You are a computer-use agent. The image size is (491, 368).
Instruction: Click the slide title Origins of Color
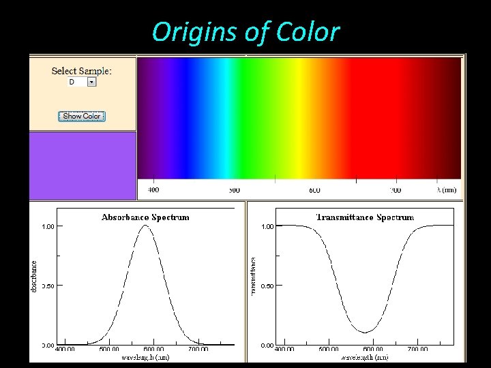tap(245, 31)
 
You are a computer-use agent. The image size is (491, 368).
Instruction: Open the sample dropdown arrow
tap(92, 82)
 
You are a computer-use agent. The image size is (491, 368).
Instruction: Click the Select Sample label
tap(82, 71)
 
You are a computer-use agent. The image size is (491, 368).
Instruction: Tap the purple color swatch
tap(83, 166)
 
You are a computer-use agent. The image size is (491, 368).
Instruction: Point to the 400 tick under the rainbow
tap(153, 190)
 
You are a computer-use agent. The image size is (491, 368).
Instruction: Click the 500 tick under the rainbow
tap(234, 190)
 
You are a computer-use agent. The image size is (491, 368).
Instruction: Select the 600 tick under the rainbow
tap(314, 190)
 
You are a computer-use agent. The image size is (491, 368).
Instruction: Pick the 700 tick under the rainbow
tap(395, 190)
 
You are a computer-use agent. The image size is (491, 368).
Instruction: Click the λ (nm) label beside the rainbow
tap(447, 190)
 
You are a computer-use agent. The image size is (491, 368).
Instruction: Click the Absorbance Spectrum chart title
tap(145, 217)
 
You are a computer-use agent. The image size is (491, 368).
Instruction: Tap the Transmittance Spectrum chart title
tap(365, 217)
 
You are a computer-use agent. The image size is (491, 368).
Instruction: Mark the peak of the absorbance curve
tap(145, 226)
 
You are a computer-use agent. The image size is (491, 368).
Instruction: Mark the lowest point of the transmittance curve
tap(367, 333)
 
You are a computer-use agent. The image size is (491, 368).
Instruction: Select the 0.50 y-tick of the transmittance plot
tap(268, 286)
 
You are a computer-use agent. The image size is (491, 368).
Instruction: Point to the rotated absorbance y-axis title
tap(35, 275)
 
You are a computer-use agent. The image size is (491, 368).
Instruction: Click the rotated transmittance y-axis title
tap(253, 275)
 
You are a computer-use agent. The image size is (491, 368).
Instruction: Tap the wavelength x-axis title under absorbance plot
tap(145, 356)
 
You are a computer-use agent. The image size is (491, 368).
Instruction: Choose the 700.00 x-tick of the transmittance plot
tap(417, 349)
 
